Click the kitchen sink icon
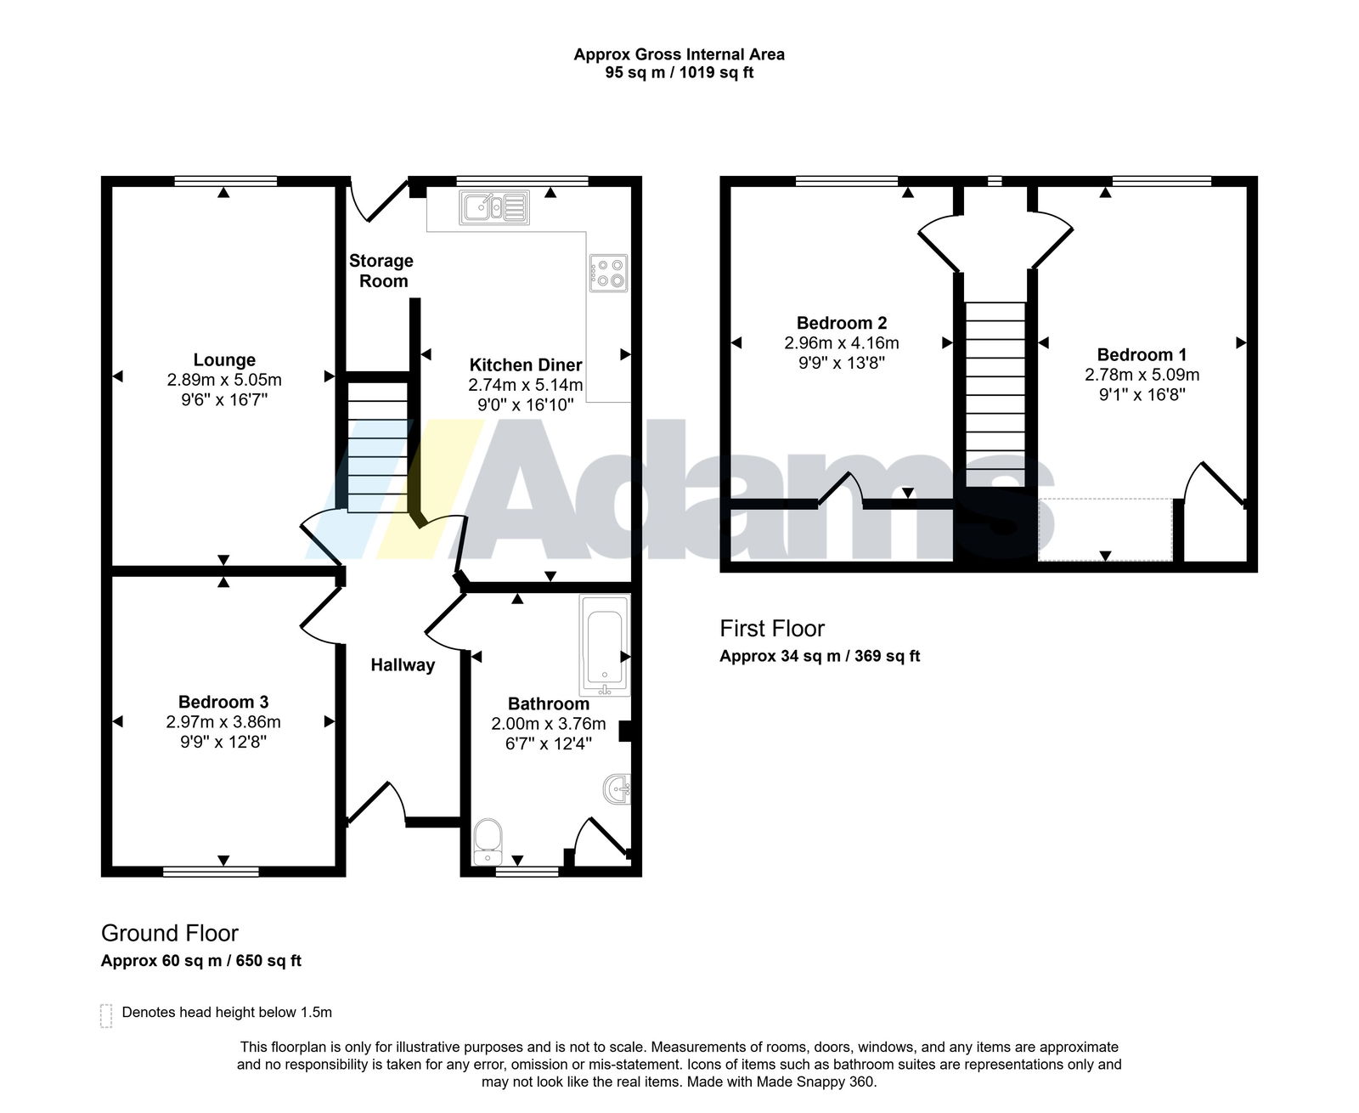click(494, 207)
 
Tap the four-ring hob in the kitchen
click(607, 273)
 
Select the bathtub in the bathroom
click(605, 645)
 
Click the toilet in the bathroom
click(488, 842)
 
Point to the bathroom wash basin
click(617, 788)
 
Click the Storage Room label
click(381, 271)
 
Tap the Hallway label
click(403, 665)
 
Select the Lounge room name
click(224, 359)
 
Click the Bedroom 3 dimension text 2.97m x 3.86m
click(223, 722)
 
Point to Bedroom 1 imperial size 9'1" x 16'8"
click(1142, 394)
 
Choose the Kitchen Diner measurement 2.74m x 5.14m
click(525, 385)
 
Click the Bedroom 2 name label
click(842, 322)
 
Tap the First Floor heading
click(772, 629)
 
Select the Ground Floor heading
click(170, 933)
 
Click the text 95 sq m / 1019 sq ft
click(679, 72)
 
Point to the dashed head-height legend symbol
click(106, 1015)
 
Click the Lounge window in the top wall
click(226, 181)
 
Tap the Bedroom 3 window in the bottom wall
click(211, 872)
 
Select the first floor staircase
click(995, 394)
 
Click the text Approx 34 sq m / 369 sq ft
click(820, 656)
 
